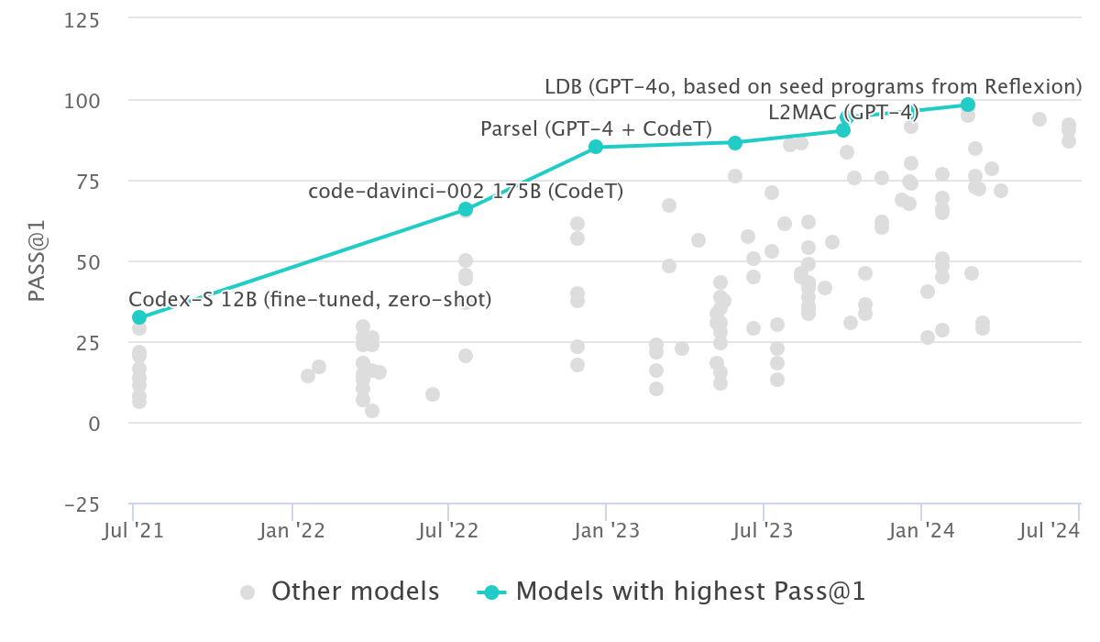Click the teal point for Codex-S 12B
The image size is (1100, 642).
tap(139, 317)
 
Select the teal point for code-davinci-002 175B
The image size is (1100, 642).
tap(466, 209)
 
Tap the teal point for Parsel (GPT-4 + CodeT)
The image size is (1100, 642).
tap(596, 147)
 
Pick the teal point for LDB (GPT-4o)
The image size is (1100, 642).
tap(968, 105)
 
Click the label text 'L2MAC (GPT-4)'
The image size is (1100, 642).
tap(842, 113)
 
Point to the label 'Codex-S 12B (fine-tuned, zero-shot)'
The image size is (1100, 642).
tap(310, 299)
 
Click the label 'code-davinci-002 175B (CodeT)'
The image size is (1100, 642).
tap(466, 191)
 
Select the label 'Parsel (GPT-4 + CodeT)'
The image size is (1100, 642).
tap(596, 129)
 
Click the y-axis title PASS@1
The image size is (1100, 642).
tap(37, 261)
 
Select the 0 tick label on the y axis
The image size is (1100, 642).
tap(95, 423)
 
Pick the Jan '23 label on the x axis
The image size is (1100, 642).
tap(607, 531)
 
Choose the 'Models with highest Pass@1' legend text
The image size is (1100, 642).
tap(690, 592)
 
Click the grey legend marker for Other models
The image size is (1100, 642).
tap(247, 592)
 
